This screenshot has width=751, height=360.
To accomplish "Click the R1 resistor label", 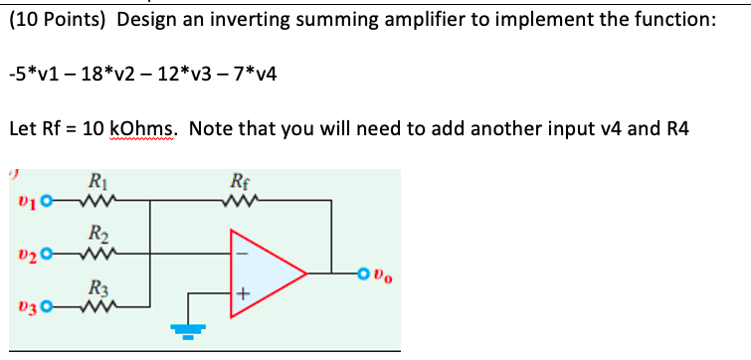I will [x=96, y=181].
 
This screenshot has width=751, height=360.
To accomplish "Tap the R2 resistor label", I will [x=96, y=235].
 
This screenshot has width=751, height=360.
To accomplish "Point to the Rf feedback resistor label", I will [x=238, y=181].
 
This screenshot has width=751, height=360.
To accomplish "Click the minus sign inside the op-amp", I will [x=240, y=252].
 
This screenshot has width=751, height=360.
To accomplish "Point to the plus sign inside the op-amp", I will [x=240, y=293].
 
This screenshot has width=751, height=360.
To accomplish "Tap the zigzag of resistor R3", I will [x=96, y=307].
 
